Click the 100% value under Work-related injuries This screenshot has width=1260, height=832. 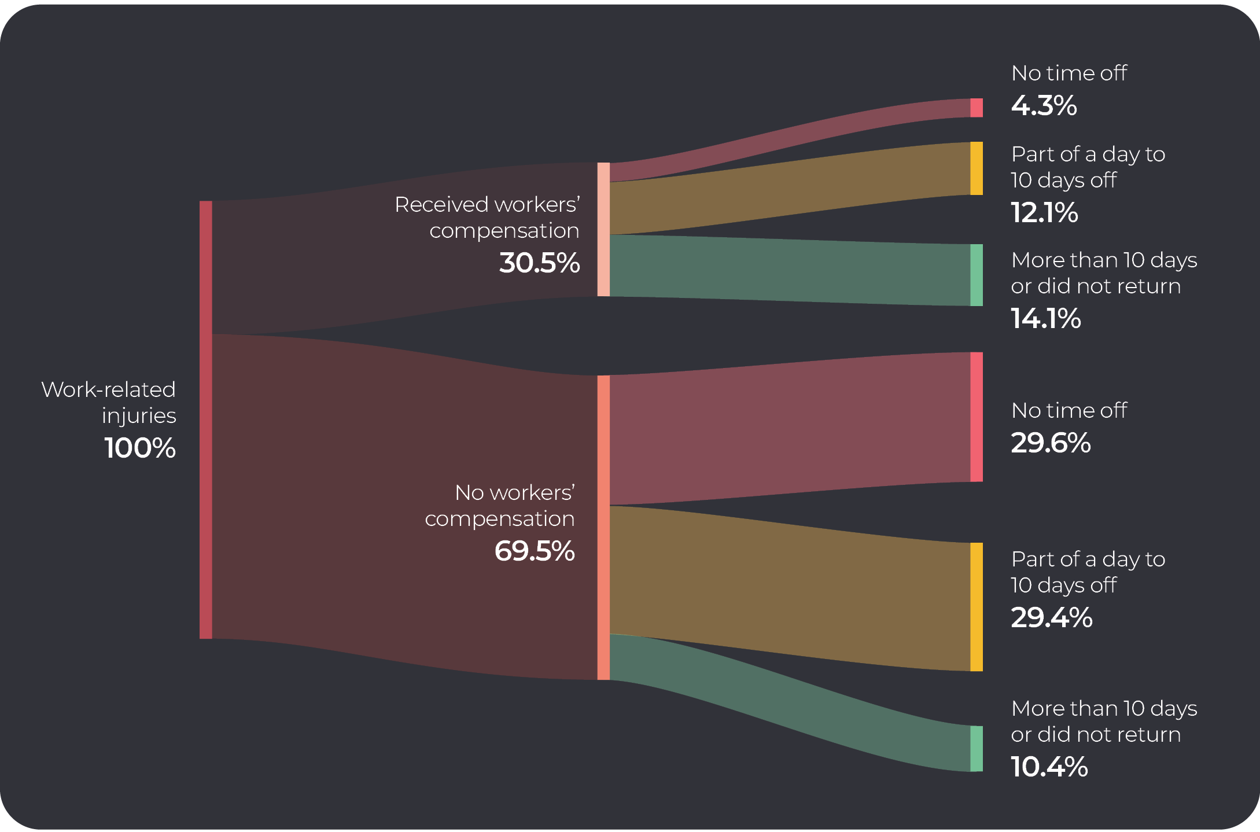(x=140, y=448)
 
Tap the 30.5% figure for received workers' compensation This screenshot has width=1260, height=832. (x=539, y=263)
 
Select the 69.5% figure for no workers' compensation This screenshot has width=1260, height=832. (x=535, y=551)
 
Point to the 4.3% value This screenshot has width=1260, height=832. (x=1044, y=106)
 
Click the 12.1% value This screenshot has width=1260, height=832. (x=1044, y=213)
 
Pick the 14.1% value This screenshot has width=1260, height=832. (x=1045, y=319)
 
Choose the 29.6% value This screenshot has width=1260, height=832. (x=1051, y=443)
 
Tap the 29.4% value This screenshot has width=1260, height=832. (x=1051, y=618)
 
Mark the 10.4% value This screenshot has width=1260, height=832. (x=1049, y=767)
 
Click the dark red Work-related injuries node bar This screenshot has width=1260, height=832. (x=206, y=419)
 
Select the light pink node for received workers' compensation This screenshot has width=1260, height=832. (x=603, y=230)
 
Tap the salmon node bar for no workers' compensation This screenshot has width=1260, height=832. (x=603, y=527)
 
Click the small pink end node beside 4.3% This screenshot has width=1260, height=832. (x=977, y=108)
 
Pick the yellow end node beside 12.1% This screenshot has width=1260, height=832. (x=977, y=168)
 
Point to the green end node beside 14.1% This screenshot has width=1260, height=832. (x=977, y=275)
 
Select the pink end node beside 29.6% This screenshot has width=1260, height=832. (x=977, y=417)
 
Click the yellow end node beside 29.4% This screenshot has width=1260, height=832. (x=977, y=607)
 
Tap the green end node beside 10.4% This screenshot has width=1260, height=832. (x=977, y=749)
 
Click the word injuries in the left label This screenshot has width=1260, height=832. (x=139, y=416)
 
